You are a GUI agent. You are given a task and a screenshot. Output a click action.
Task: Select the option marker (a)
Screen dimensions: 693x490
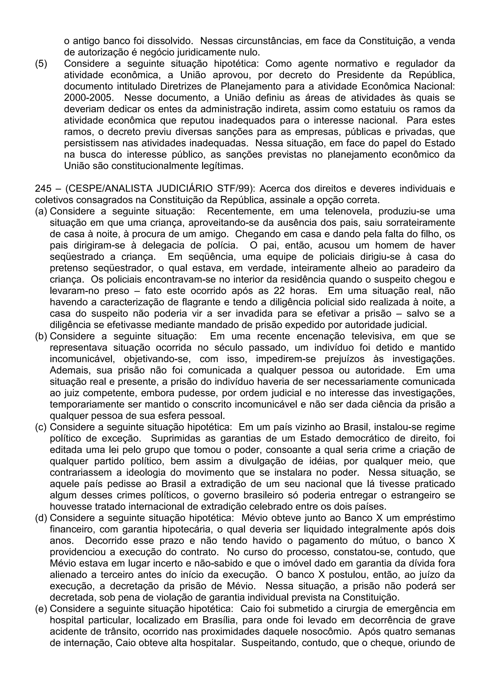tap(41, 211)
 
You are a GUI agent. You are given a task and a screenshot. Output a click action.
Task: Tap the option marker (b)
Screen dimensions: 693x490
tap(41, 336)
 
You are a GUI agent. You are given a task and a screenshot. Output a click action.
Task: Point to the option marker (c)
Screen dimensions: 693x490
tap(41, 427)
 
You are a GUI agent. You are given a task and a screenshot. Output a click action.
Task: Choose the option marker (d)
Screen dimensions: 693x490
tap(41, 518)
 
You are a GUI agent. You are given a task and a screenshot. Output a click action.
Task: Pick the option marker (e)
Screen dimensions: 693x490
tap(41, 609)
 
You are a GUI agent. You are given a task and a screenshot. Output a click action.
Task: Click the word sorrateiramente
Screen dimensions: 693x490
tap(421, 223)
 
